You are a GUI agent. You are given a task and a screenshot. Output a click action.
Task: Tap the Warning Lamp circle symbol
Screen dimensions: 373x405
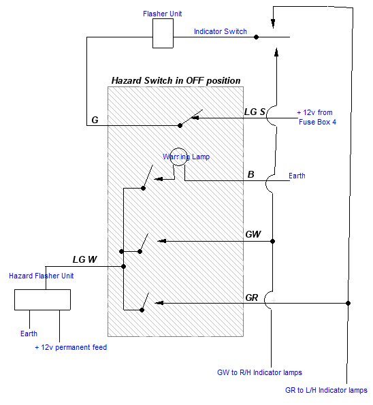[178, 148]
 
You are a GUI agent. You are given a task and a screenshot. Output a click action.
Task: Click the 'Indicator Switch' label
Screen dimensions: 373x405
[221, 31]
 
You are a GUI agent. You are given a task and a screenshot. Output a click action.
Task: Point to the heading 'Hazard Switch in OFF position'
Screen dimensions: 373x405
[176, 80]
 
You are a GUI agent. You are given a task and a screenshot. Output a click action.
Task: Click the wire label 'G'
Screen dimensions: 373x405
[95, 120]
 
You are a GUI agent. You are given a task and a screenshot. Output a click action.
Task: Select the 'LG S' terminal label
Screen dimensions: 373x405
[255, 112]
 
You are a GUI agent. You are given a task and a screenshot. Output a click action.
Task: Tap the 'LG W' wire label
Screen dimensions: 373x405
[84, 259]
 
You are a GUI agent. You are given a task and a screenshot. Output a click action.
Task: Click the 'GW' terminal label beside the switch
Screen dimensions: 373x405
[253, 234]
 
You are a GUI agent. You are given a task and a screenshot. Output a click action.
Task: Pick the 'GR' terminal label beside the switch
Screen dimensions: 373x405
[252, 297]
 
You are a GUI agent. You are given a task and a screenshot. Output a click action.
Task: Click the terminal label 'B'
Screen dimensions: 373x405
[250, 175]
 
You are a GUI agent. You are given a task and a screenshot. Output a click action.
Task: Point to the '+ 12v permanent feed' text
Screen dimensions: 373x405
[71, 347]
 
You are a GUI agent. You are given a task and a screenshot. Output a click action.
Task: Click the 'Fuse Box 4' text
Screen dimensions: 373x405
[317, 122]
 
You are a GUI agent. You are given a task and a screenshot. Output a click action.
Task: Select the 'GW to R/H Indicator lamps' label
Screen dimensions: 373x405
[259, 372]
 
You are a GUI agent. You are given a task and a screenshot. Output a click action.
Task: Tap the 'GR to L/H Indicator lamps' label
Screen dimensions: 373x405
[326, 390]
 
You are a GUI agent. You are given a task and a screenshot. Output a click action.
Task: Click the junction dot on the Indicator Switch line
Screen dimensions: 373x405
[256, 37]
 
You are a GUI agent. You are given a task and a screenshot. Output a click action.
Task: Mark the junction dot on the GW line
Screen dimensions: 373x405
[272, 241]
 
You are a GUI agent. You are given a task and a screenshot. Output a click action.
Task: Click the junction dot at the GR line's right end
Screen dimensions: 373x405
[348, 303]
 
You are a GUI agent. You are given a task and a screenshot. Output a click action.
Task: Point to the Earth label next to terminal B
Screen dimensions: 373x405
[297, 176]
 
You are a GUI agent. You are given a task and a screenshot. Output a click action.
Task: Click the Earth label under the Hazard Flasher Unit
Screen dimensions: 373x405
[29, 334]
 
